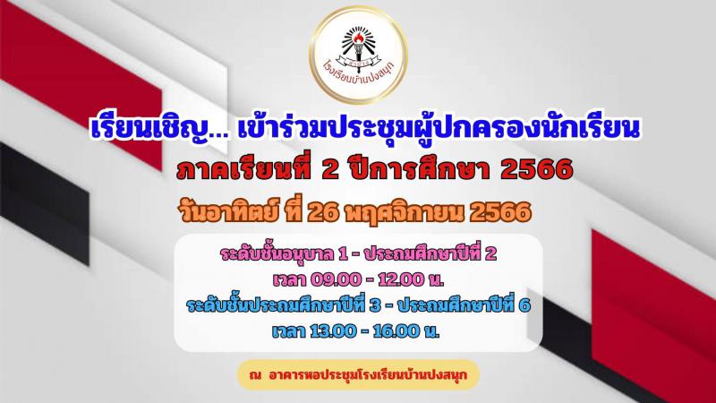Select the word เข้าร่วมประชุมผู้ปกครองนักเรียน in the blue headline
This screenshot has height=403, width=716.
(x=439, y=128)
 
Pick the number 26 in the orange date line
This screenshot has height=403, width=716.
(x=322, y=212)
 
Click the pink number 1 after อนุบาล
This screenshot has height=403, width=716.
(x=343, y=254)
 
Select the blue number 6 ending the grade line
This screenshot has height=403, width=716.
(x=524, y=305)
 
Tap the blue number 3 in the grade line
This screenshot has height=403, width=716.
(x=375, y=305)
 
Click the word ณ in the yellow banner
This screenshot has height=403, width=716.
(x=255, y=375)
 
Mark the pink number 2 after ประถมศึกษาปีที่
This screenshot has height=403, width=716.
(x=490, y=254)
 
